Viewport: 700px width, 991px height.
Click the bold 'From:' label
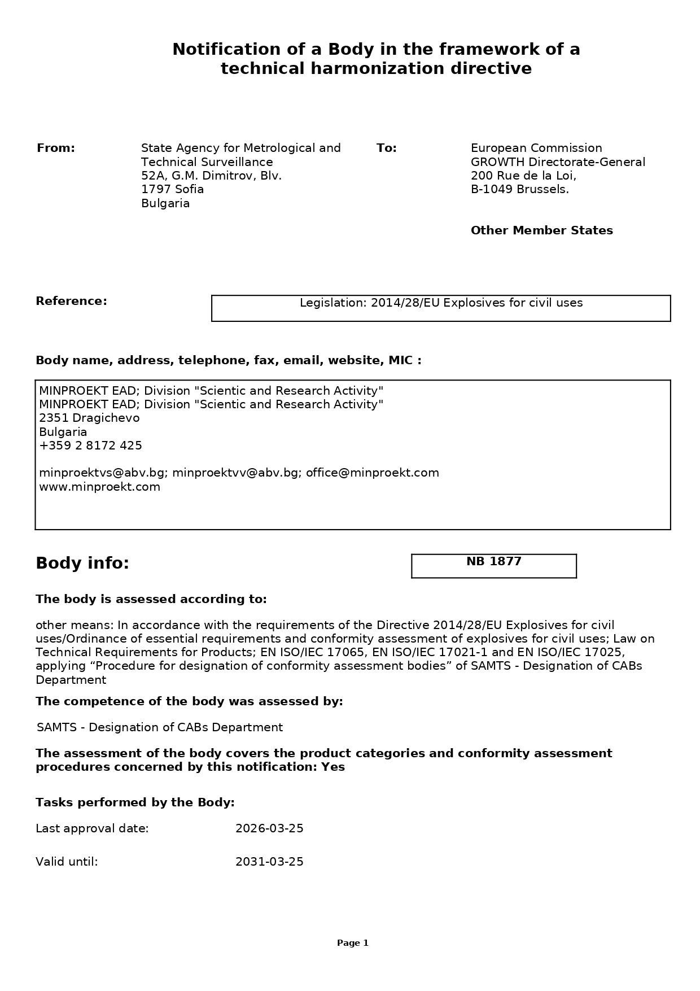click(56, 148)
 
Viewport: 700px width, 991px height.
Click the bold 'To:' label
click(387, 148)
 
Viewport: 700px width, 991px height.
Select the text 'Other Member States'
click(541, 230)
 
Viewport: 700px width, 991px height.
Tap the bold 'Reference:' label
click(71, 301)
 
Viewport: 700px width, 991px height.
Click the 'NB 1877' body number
click(493, 562)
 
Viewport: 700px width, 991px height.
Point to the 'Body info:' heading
click(82, 564)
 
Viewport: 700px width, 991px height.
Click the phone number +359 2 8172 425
click(90, 446)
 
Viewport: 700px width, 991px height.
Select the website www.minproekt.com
click(99, 487)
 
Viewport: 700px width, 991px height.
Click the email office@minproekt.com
click(372, 473)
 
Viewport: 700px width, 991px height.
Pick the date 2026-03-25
click(269, 828)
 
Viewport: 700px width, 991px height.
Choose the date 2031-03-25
click(269, 862)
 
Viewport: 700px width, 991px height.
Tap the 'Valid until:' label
click(67, 862)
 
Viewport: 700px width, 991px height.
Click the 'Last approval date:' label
click(92, 828)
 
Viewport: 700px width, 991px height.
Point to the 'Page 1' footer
click(352, 942)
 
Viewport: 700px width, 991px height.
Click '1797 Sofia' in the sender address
click(172, 189)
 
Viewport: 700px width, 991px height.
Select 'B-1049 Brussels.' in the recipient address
click(519, 189)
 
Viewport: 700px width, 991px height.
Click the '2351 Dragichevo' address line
click(89, 418)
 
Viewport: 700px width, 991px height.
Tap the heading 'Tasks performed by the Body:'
click(135, 802)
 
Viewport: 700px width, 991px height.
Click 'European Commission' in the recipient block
click(536, 148)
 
